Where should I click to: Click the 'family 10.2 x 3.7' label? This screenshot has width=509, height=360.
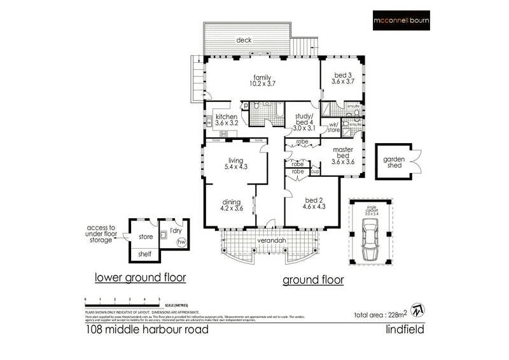[x=258, y=81]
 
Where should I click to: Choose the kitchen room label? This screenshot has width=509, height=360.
[x=227, y=120]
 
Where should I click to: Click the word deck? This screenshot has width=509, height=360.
[x=244, y=39]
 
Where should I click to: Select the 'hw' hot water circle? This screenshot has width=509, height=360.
[x=181, y=242]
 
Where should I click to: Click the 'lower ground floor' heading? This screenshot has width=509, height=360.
[x=140, y=277]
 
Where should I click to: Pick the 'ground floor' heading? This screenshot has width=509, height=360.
[x=312, y=280]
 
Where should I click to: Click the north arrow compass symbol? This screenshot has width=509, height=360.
[x=417, y=309]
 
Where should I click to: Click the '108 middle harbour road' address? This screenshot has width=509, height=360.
[x=146, y=330]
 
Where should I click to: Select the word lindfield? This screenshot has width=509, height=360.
[x=405, y=330]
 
